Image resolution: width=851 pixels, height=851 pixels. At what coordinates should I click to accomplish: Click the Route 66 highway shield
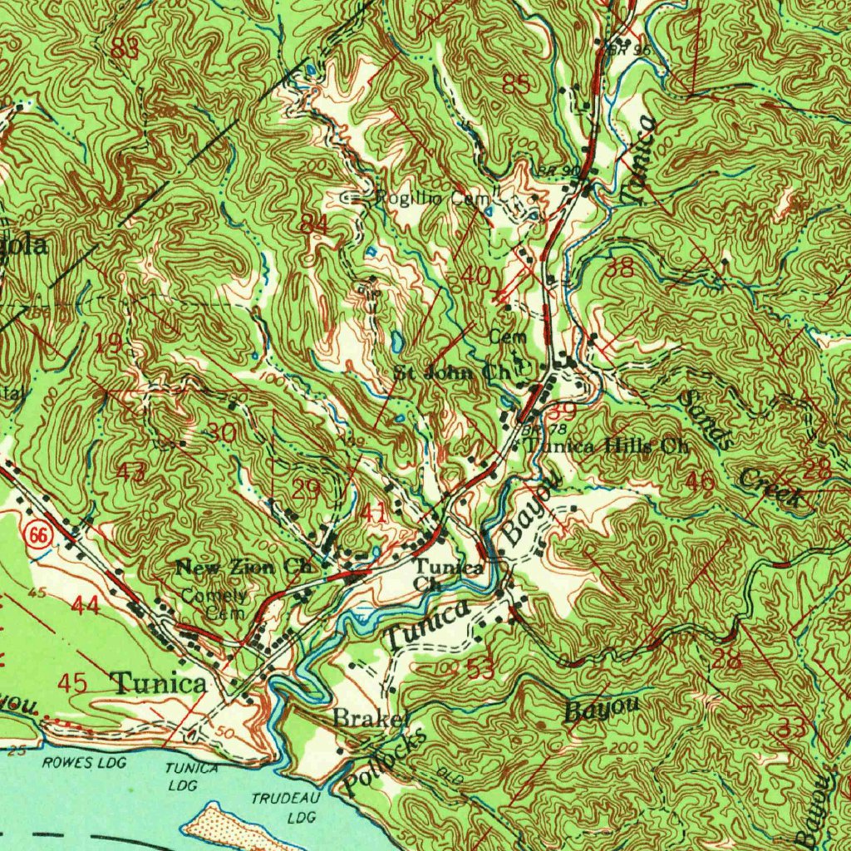coord(36,535)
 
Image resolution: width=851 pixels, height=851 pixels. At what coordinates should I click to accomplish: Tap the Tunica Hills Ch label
coord(608,446)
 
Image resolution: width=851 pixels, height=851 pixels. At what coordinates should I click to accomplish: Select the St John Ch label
coord(453,373)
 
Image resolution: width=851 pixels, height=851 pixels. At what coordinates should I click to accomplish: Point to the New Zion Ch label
coord(243,568)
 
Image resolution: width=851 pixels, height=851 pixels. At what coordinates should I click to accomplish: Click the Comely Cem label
coord(214,604)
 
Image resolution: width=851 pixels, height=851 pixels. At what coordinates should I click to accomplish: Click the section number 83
coord(124,49)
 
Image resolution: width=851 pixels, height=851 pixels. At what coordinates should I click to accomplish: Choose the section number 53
coord(480,669)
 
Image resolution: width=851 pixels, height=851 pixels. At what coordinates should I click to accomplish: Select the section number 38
coord(619,268)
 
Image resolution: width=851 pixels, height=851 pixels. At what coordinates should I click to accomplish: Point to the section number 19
coord(109,342)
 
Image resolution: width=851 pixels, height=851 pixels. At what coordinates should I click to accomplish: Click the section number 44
coord(85,605)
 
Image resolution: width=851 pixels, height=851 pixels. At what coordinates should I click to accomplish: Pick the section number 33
coord(791,729)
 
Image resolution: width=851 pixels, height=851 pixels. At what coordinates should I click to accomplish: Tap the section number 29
coord(307,489)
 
